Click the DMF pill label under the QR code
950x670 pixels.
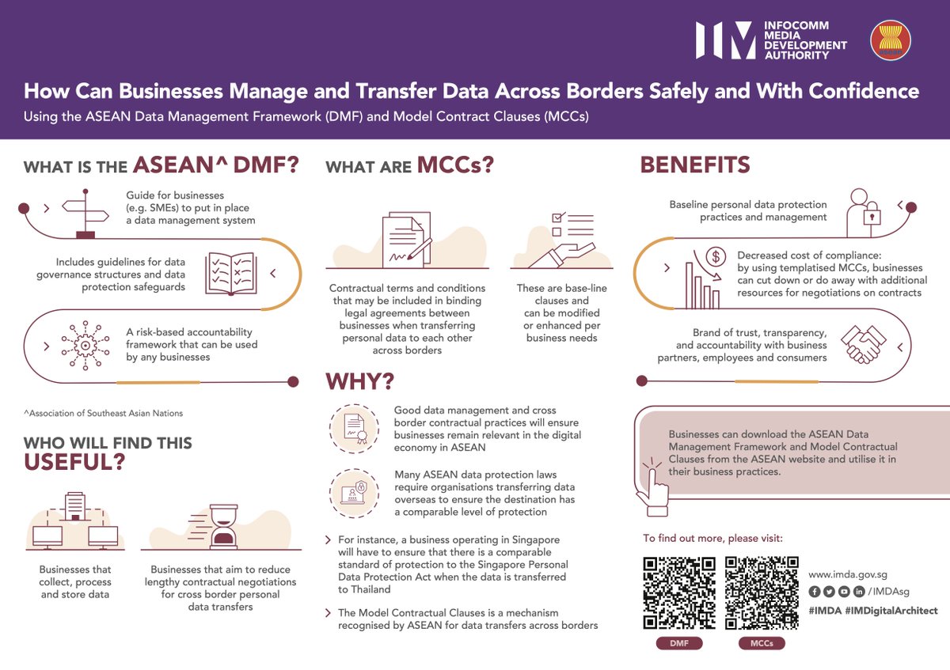click(679, 644)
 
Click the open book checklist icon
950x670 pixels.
click(231, 273)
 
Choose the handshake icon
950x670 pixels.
click(862, 345)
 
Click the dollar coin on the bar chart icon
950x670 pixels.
click(715, 256)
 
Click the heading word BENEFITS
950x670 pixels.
click(695, 165)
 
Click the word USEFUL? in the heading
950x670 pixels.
click(74, 463)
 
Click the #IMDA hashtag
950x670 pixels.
click(823, 611)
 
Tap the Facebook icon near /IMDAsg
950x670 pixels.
click(814, 592)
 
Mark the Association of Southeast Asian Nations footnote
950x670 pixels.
click(103, 413)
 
